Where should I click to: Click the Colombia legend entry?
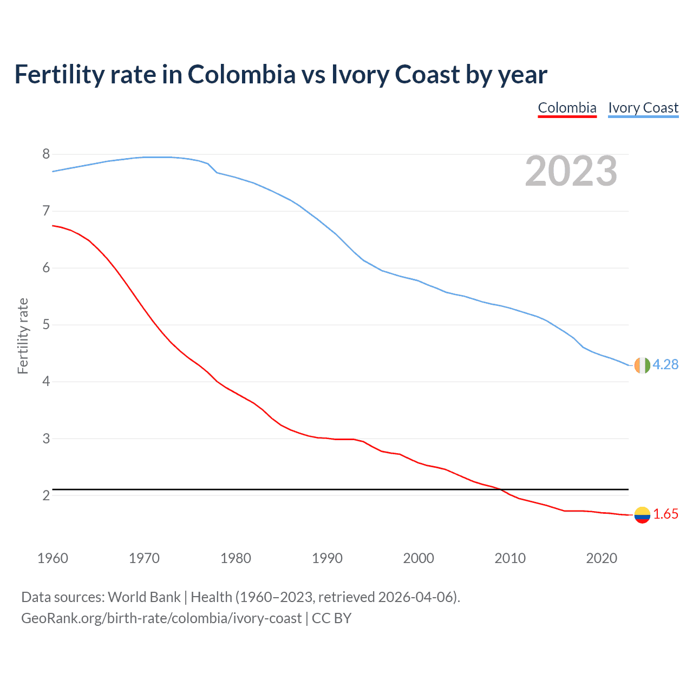click(567, 108)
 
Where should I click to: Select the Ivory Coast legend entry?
click(643, 108)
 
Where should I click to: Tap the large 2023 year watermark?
click(571, 171)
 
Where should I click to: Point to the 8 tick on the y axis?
click(46, 154)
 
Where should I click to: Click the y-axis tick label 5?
click(46, 325)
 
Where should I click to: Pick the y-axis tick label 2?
click(46, 495)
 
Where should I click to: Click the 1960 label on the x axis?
click(53, 558)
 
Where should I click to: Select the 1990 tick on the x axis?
click(327, 558)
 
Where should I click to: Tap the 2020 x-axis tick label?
click(602, 558)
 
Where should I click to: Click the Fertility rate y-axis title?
click(23, 336)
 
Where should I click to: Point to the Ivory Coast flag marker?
click(642, 365)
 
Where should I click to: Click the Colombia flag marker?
click(642, 515)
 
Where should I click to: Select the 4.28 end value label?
click(665, 365)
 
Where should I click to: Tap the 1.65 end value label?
click(665, 514)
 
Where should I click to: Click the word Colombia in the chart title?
click(241, 75)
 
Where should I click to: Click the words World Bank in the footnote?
click(144, 597)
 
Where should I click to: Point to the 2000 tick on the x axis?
click(419, 558)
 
